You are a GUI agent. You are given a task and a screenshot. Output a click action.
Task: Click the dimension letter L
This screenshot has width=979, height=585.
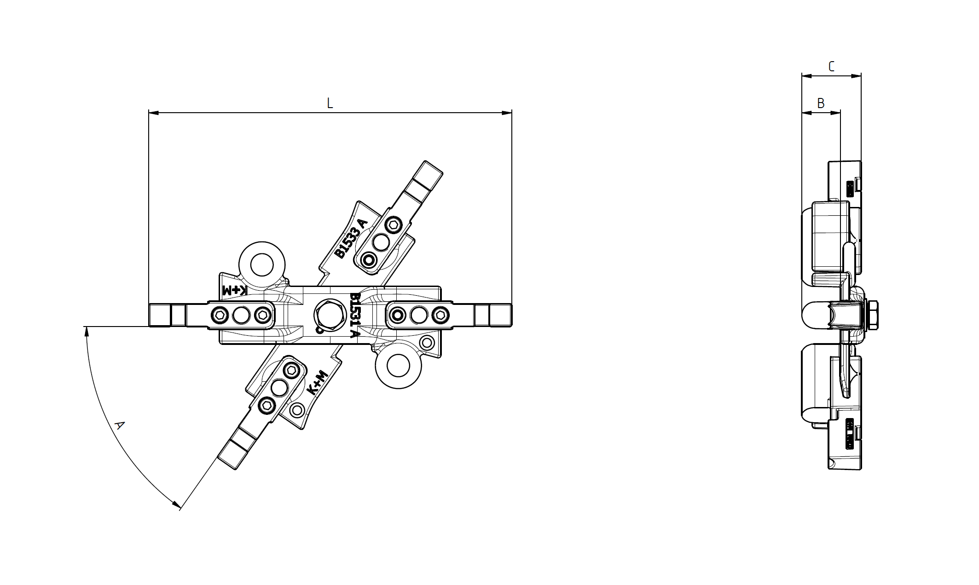[330, 103]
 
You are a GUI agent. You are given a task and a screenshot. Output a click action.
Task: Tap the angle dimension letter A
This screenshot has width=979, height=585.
[119, 425]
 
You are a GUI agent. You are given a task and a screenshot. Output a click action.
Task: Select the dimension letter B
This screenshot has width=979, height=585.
[821, 103]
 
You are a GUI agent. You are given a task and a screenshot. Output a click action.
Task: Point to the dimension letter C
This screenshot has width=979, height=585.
[831, 67]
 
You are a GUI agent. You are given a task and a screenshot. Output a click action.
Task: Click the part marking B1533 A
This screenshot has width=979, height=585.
[351, 238]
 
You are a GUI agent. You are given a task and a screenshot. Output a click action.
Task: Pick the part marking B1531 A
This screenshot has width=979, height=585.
[354, 315]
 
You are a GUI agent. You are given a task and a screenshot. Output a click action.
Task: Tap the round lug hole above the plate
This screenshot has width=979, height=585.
[262, 265]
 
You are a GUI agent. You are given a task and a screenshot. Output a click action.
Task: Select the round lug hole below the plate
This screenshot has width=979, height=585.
[399, 366]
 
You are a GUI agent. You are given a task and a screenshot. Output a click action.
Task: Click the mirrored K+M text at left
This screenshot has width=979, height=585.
[235, 290]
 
